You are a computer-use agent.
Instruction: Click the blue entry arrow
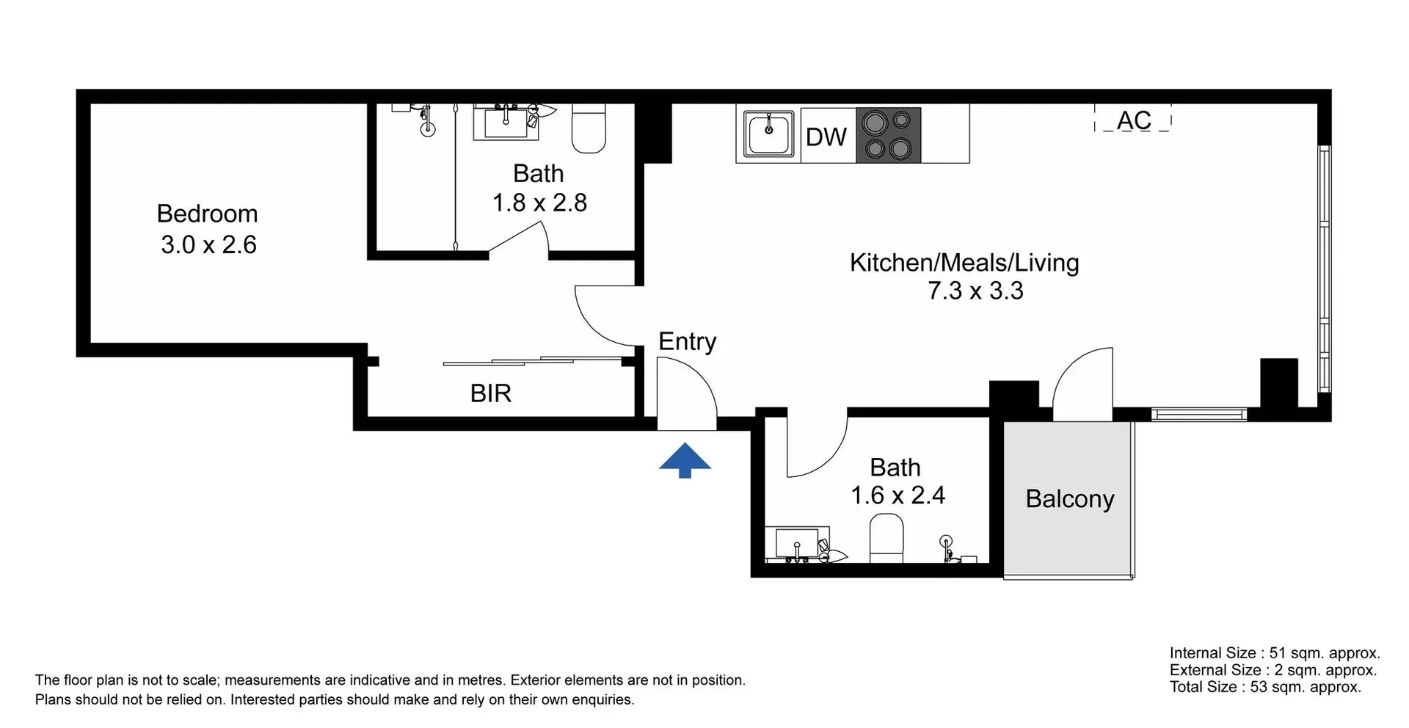(x=685, y=461)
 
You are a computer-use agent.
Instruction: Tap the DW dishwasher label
(x=826, y=137)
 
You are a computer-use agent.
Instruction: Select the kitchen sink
(x=768, y=134)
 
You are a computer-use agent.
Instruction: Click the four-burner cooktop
(x=888, y=135)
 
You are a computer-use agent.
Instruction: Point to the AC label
(x=1134, y=120)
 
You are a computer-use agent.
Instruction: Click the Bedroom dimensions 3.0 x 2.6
(x=208, y=244)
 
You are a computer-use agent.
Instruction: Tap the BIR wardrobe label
(x=490, y=393)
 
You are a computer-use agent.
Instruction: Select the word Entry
(x=687, y=341)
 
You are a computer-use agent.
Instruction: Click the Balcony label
(x=1069, y=499)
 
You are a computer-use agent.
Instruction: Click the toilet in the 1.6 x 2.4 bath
(x=886, y=538)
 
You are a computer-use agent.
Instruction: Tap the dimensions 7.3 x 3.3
(x=975, y=291)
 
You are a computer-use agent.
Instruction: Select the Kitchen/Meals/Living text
(x=964, y=263)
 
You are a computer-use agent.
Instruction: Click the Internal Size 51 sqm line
(x=1274, y=653)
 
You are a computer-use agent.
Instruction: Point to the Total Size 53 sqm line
(x=1264, y=687)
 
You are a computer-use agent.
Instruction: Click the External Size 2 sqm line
(x=1273, y=670)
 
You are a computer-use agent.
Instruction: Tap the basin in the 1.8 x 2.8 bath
(x=506, y=123)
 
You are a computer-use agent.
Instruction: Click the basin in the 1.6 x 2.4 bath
(x=797, y=544)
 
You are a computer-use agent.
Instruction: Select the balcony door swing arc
(x=1082, y=382)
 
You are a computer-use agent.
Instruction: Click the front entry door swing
(x=687, y=393)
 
